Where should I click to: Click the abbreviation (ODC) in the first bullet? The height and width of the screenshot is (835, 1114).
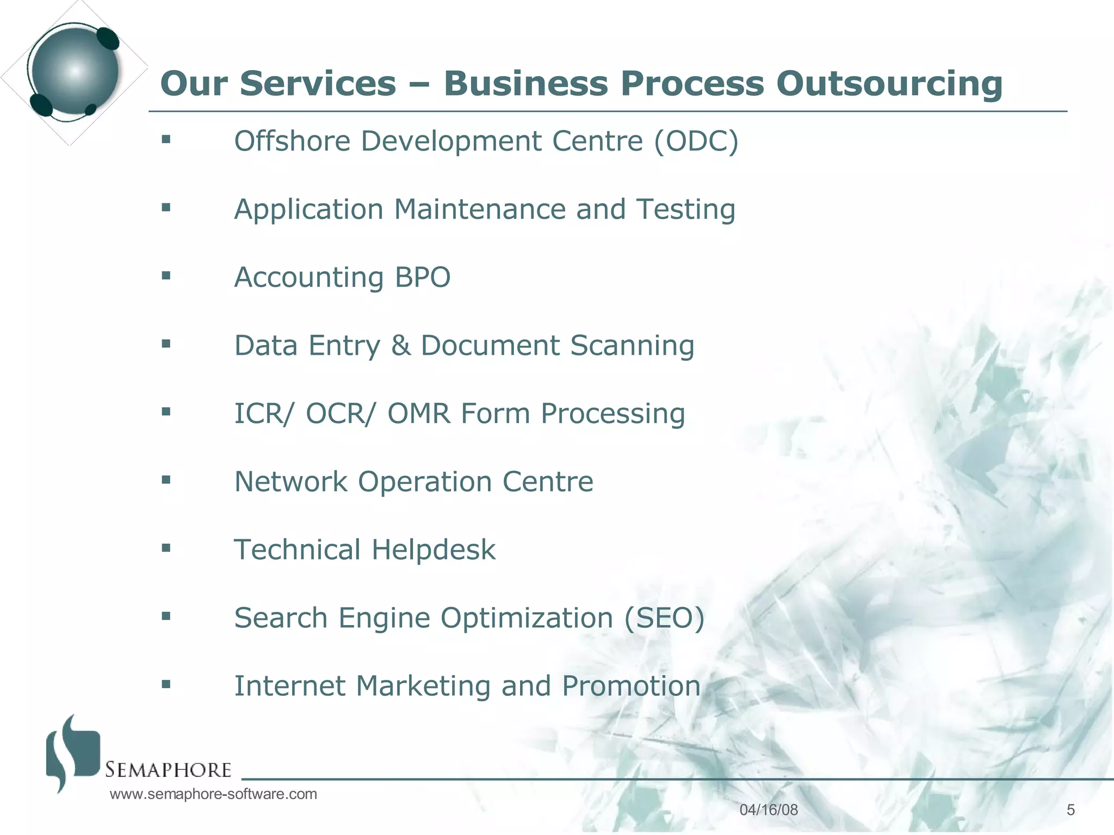696,141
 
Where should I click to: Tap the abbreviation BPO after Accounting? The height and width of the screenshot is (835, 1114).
423,277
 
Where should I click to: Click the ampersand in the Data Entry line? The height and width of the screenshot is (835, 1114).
401,346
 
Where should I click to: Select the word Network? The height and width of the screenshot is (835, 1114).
290,482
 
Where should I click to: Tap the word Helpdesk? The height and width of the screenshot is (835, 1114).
434,550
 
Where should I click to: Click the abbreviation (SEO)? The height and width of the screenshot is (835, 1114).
664,618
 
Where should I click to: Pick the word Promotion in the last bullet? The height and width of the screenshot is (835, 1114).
631,686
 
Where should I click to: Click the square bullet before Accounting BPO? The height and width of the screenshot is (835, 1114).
166,276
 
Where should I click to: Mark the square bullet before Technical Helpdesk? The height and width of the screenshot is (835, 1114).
166,548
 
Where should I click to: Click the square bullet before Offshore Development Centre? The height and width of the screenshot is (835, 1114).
166,140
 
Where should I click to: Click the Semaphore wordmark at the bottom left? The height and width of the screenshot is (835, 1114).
168,770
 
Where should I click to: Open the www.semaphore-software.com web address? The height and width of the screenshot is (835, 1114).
213,794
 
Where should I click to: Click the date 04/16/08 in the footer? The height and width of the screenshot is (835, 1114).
769,810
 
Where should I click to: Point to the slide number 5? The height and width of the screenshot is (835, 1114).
1070,810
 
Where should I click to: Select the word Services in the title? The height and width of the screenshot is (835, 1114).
318,84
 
